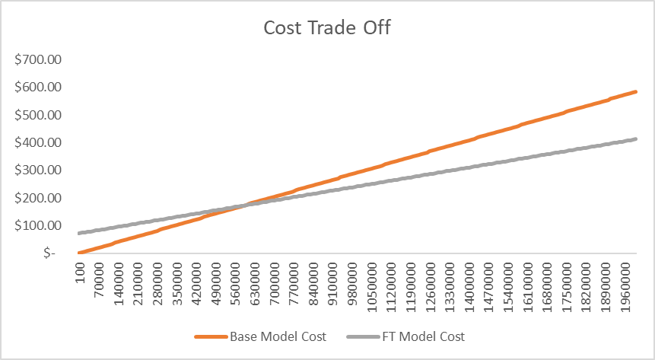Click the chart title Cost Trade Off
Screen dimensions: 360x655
(327, 27)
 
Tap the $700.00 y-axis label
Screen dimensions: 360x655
(39, 59)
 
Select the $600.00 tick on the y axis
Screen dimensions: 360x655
(39, 87)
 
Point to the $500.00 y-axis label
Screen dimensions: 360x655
(39, 115)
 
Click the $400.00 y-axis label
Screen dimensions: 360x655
(39, 142)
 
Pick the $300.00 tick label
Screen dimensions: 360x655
(39, 170)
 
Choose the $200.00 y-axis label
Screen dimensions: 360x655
(39, 198)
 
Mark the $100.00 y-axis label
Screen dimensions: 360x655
(39, 225)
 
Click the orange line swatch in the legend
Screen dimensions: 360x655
(212, 336)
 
